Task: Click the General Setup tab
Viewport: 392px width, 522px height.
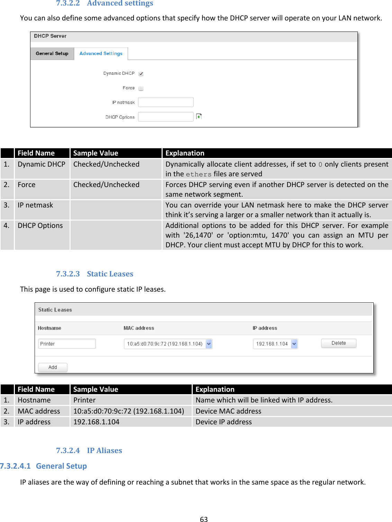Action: [52, 54]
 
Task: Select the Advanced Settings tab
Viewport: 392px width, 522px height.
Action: [101, 54]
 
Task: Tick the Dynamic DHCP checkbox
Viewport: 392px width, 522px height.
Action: [141, 74]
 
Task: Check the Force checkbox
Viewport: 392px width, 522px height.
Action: [141, 88]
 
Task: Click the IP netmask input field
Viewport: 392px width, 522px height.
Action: [165, 102]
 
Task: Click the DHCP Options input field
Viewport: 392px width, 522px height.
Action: [165, 117]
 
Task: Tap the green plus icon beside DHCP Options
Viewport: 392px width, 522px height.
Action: [199, 117]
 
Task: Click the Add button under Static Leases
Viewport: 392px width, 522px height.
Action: [53, 367]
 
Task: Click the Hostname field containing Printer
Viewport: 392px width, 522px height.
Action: [67, 344]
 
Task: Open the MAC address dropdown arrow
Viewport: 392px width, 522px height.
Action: [209, 344]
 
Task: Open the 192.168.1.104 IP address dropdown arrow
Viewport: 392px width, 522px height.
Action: [294, 344]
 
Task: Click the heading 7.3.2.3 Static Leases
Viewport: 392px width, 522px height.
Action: [94, 274]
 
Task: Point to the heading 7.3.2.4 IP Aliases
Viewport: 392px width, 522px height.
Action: [89, 450]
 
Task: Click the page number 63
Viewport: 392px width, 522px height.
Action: [204, 519]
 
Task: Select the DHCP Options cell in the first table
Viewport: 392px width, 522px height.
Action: [40, 225]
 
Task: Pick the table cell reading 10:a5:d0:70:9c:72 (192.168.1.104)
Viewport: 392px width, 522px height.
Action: [128, 411]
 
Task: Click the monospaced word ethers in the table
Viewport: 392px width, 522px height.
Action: [199, 174]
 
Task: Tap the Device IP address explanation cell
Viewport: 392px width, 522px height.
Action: [224, 422]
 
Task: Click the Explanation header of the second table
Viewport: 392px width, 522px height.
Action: [215, 389]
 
